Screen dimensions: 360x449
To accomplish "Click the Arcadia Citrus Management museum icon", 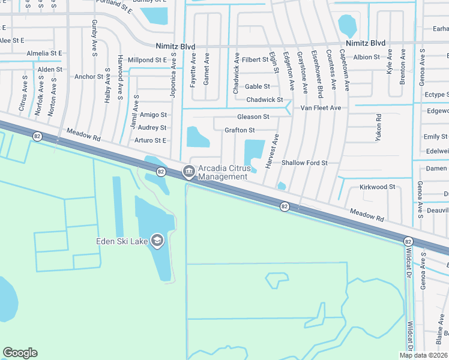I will click(188, 172).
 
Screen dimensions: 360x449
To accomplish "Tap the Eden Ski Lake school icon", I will click(157, 241).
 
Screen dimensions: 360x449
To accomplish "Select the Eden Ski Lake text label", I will click(122, 242).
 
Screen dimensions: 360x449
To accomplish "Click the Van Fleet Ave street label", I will click(321, 108).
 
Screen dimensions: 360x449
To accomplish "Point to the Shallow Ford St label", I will click(304, 163).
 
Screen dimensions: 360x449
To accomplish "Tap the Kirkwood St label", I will click(377, 187).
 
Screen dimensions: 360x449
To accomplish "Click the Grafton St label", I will click(240, 130).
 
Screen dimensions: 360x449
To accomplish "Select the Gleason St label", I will click(253, 116).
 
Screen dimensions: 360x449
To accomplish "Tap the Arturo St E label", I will click(150, 140).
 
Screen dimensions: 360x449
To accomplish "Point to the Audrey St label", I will click(152, 128).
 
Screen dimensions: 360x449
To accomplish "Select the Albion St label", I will click(367, 57).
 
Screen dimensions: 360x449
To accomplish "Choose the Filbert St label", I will click(255, 60).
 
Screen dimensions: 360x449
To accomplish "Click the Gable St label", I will click(258, 86).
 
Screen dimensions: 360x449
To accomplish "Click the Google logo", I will click(20, 353).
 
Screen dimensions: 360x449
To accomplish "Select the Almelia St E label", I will click(46, 53).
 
